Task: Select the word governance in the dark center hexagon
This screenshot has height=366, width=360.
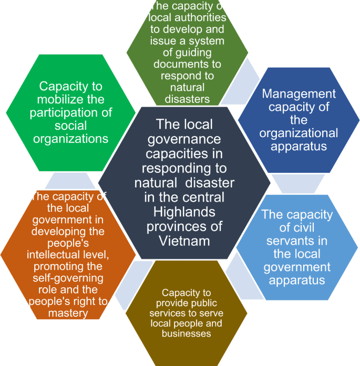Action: [x=184, y=139]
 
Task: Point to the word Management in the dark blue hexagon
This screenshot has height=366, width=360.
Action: [x=299, y=93]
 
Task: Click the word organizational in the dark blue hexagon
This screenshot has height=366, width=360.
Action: [x=299, y=132]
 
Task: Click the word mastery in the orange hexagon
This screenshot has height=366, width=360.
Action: [x=67, y=313]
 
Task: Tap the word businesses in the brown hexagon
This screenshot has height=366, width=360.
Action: [x=186, y=333]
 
